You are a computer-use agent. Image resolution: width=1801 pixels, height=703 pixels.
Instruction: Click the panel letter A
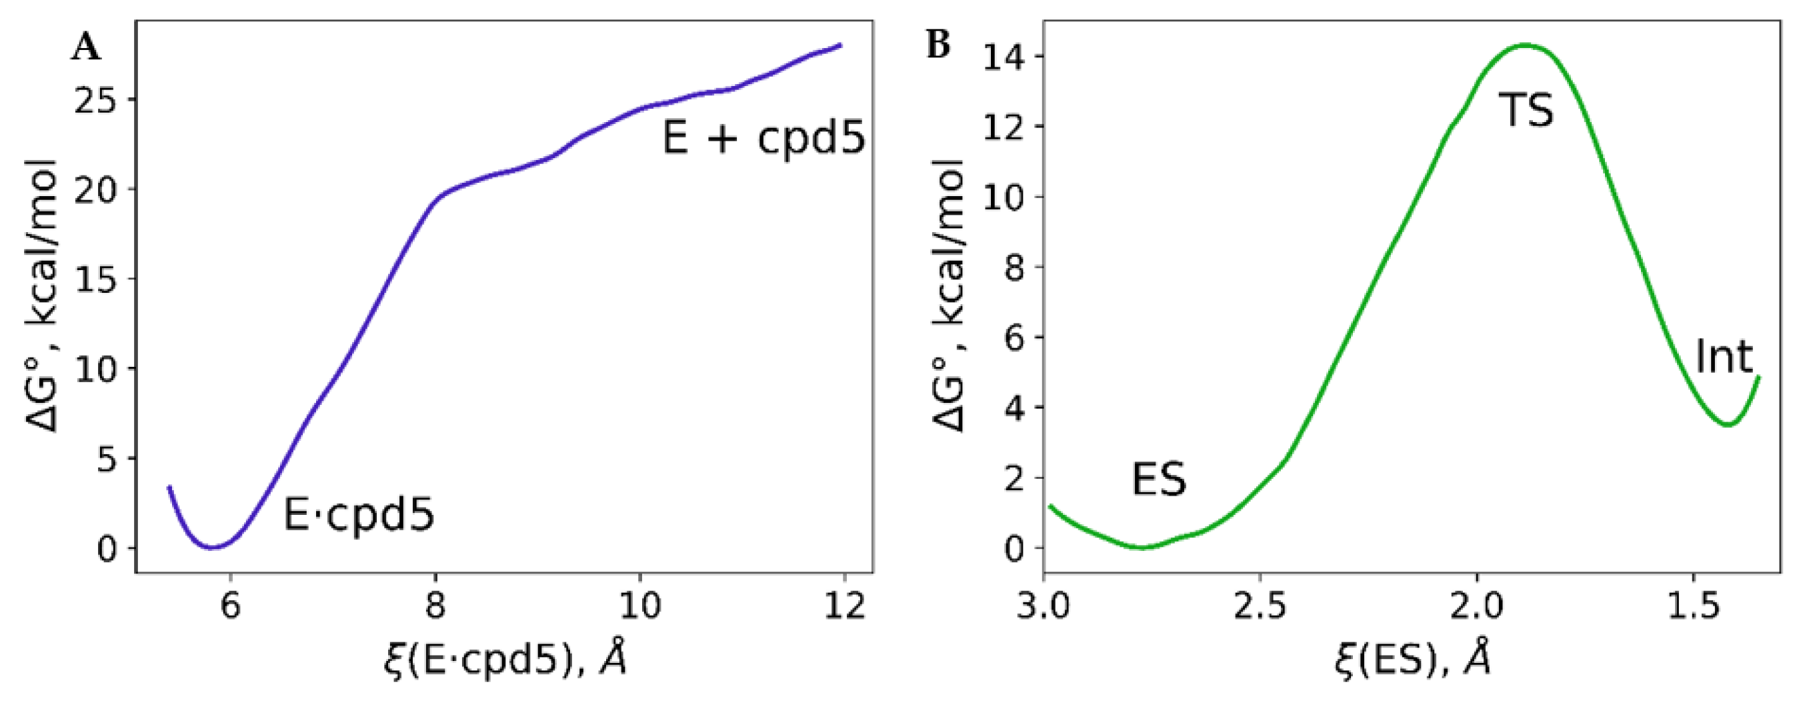pos(87,47)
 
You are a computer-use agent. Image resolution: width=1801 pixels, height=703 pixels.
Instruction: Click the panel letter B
pos(938,45)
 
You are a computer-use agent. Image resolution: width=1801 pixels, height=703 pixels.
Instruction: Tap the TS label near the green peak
pos(1526,111)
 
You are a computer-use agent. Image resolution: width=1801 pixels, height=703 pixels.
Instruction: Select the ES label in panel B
pos(1159,480)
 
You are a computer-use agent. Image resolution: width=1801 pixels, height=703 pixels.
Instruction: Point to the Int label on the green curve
pos(1724,358)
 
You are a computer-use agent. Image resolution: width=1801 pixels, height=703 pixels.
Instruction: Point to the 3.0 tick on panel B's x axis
pos(1043,605)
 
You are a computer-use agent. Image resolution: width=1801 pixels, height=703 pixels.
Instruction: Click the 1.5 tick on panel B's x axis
pos(1694,605)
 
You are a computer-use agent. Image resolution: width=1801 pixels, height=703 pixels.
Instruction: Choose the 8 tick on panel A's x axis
pos(435,605)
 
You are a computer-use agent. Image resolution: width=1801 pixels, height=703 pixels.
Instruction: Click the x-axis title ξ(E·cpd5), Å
pos(505,659)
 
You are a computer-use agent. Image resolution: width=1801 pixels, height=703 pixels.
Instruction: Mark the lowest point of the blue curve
pos(213,547)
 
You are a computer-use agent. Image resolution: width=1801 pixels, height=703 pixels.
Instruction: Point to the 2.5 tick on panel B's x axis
pos(1260,605)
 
